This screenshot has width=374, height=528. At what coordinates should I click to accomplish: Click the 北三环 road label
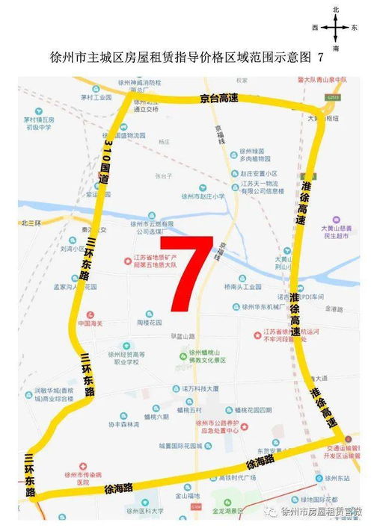click(34, 222)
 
